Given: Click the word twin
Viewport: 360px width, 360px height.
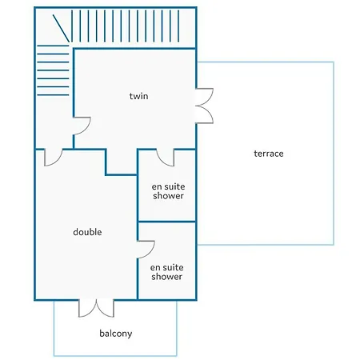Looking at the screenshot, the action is coord(138,96).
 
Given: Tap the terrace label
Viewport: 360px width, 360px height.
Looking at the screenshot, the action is coord(269,154).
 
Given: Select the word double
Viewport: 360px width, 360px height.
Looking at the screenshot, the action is coord(87,232).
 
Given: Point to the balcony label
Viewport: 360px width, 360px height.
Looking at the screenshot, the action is coord(116,334).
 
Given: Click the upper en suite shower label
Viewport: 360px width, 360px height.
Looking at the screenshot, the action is coord(168,191).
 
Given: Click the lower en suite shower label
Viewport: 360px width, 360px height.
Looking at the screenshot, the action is coord(166,272).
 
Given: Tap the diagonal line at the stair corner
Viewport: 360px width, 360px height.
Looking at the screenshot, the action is coord(61,28).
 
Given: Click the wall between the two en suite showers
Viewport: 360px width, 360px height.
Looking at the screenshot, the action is coord(167,222).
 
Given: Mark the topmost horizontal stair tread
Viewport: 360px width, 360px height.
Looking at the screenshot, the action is coord(53,46).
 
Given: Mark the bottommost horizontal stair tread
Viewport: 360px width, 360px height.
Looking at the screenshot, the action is coord(53,95).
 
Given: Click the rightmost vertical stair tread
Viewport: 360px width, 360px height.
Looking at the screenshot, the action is coord(178,26).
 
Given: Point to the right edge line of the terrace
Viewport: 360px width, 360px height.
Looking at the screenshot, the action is coord(334,154).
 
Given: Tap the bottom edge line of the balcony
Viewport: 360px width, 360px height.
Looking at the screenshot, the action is coord(115,356).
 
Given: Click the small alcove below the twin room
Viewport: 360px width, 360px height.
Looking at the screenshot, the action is coord(122,162).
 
